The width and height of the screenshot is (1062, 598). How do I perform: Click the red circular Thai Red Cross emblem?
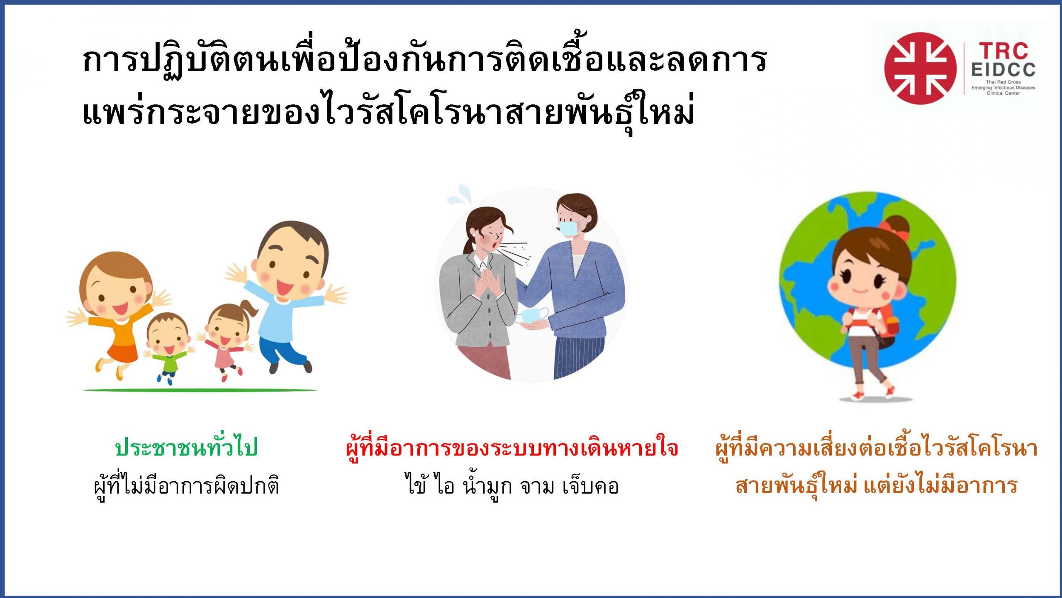click(x=920, y=68)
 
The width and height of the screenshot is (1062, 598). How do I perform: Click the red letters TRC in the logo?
click(x=1004, y=51)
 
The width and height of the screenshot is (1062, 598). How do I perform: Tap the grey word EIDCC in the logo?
click(x=1003, y=70)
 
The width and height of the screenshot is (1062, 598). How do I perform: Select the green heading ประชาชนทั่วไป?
click(x=187, y=448)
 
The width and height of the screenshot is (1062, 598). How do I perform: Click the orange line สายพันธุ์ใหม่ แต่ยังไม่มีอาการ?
click(x=876, y=486)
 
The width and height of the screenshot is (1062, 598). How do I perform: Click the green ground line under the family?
click(x=200, y=390)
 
